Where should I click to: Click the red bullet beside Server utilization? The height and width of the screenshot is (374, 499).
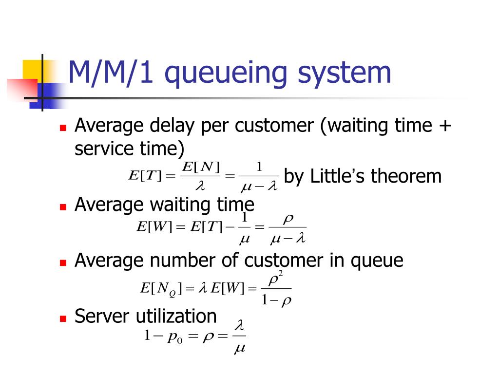62,319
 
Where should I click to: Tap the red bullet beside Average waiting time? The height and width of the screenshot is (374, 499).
62,206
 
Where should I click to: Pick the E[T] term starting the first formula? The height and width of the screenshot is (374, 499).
144,176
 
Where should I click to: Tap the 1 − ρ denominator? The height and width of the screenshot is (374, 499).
276,300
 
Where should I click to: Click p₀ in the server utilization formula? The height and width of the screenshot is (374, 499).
174,338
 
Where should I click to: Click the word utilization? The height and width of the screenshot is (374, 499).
176,317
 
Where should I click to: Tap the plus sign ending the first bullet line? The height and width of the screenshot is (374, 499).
444,127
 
